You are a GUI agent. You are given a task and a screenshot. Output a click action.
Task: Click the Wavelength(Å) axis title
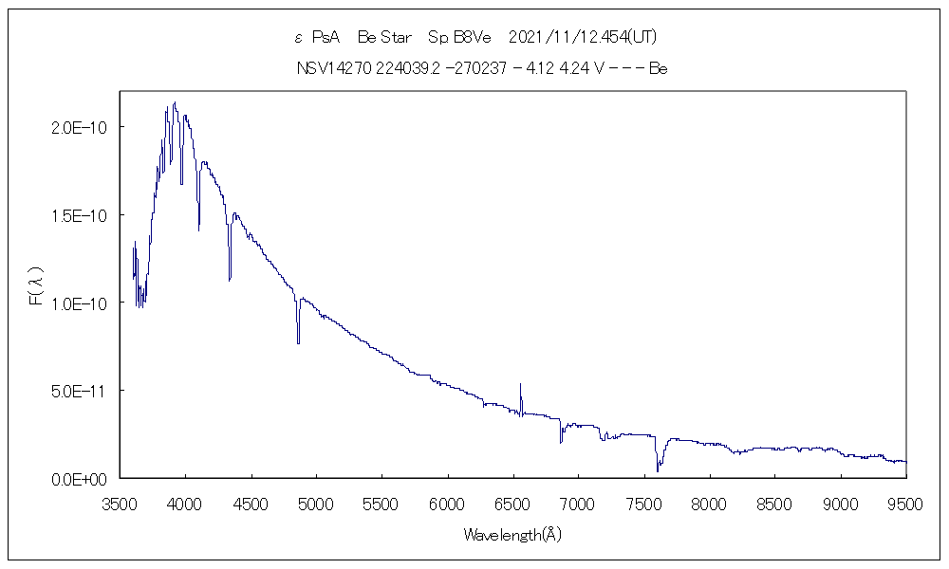512,535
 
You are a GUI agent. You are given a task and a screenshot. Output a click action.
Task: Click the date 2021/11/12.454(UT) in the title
583,38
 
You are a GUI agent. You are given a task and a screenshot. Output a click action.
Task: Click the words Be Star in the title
384,38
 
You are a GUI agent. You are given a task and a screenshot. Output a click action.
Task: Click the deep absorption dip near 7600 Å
658,467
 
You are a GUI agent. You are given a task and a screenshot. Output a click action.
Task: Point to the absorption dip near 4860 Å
298,340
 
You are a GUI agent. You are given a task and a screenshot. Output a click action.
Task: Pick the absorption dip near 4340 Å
230,277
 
